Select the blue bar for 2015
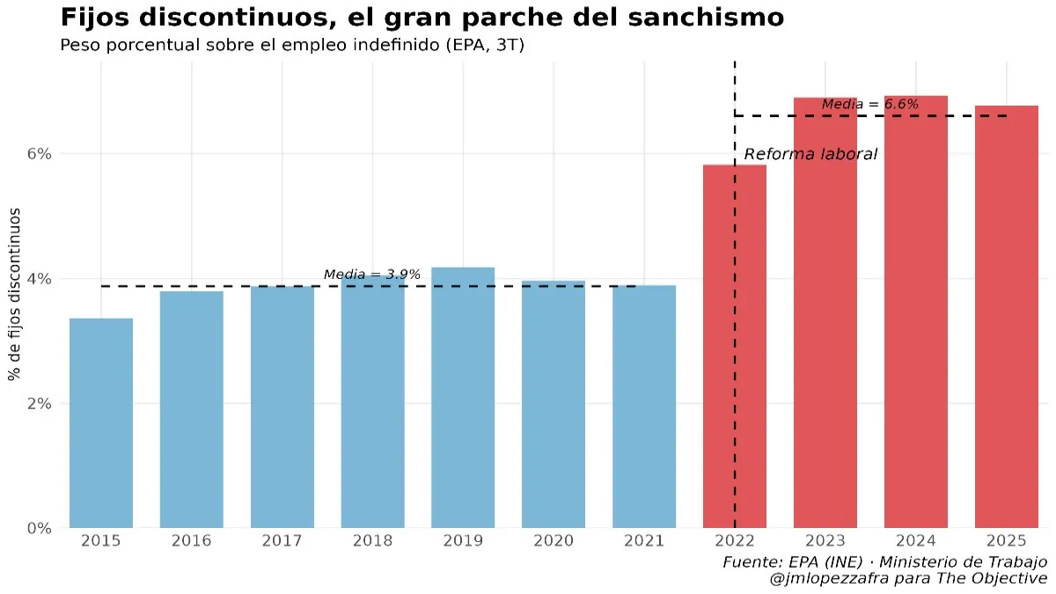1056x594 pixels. pos(101,422)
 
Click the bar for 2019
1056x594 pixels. pos(463,396)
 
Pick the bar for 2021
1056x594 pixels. pos(644,405)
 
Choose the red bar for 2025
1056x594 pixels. pos(1006,317)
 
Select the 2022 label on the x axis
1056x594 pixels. pos(735,541)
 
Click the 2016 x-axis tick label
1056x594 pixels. pos(192,541)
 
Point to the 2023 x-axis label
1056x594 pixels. pos(825,541)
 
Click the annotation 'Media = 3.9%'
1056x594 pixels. pos(372,275)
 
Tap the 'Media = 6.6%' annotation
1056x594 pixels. pos(870,105)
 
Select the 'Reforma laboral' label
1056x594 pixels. pos(810,155)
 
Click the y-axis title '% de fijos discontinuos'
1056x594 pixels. pos(15,295)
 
